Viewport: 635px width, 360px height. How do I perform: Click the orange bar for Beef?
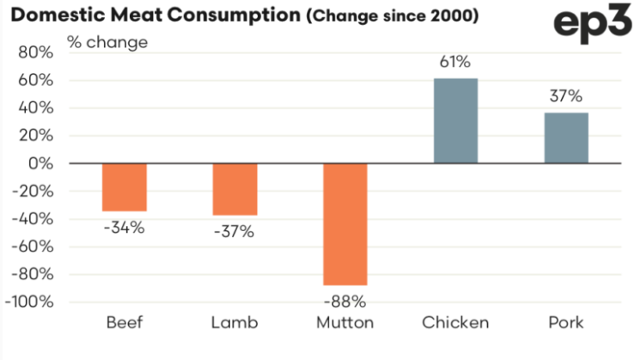click(x=125, y=187)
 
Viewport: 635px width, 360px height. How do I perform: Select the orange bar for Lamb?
click(x=235, y=189)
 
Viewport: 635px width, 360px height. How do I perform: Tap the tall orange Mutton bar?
click(x=345, y=224)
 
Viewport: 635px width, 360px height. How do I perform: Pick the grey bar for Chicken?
click(x=455, y=121)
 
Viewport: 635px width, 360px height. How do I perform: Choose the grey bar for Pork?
click(x=566, y=137)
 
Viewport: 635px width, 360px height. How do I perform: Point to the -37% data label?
click(x=235, y=232)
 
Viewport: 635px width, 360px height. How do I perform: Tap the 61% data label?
click(x=455, y=62)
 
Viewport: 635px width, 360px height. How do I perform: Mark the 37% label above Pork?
click(x=566, y=95)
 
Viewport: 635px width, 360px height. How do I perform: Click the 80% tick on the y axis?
click(x=34, y=52)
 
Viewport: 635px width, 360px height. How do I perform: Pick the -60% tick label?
click(x=32, y=247)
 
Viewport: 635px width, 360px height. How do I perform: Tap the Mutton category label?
click(x=345, y=324)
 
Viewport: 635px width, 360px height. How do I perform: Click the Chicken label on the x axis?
click(x=455, y=324)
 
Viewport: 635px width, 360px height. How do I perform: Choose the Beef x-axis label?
click(x=125, y=324)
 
